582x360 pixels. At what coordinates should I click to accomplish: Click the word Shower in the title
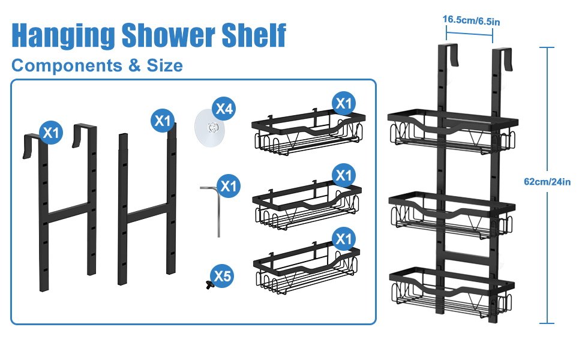(x=168, y=35)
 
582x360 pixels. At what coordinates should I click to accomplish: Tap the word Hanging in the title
(x=63, y=36)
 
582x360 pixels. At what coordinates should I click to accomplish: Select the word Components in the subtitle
(x=67, y=65)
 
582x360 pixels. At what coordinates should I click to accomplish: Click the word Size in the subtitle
(x=165, y=65)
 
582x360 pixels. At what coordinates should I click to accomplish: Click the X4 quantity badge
(x=224, y=109)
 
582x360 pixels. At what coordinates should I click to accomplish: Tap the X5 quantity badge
(x=222, y=276)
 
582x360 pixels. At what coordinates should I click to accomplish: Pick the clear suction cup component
(x=210, y=128)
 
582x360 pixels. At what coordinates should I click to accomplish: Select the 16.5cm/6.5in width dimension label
(x=471, y=20)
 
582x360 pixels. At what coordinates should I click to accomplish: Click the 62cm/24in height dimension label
(x=547, y=181)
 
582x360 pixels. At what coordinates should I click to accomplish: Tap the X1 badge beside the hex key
(x=229, y=186)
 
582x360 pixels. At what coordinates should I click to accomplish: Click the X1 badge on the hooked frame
(x=51, y=133)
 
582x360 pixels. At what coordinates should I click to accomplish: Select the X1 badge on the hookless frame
(x=163, y=121)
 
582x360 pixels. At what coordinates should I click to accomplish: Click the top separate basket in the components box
(x=308, y=133)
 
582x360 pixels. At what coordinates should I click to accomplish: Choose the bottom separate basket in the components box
(x=307, y=268)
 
